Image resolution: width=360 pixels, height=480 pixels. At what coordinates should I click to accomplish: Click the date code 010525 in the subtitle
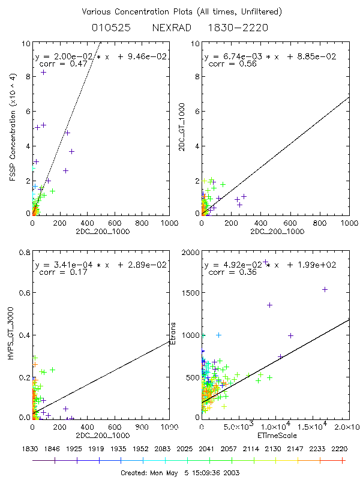click(108, 28)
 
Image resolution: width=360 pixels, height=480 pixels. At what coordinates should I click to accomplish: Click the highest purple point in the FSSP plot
click(43, 72)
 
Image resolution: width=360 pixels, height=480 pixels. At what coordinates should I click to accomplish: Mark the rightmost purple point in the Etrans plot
click(325, 289)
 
